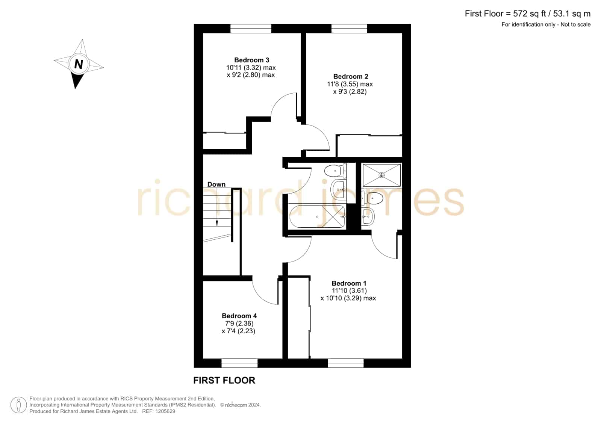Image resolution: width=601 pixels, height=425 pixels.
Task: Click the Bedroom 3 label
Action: (251, 60)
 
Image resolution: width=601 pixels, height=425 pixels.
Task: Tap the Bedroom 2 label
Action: (350, 76)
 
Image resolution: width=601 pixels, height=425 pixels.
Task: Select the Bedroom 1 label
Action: (349, 283)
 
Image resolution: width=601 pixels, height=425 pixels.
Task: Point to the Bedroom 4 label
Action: (239, 316)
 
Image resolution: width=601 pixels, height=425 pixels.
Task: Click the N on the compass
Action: (78, 64)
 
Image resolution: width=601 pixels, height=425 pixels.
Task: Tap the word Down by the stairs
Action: (216, 185)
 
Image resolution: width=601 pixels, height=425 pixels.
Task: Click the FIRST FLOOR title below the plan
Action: (224, 380)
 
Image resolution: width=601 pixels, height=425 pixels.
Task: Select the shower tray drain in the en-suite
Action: (381, 175)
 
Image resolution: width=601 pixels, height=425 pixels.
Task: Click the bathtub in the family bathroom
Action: (317, 217)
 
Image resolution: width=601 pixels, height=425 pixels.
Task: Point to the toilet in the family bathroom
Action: (335, 171)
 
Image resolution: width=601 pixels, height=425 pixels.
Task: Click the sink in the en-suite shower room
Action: (368, 216)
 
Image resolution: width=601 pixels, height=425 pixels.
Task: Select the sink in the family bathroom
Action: (338, 189)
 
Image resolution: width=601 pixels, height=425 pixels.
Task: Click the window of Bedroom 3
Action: (251, 29)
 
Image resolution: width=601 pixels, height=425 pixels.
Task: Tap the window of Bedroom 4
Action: (239, 363)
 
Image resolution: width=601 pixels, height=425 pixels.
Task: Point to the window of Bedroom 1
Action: (345, 363)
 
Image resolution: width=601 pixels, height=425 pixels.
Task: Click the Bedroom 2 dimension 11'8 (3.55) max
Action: (350, 84)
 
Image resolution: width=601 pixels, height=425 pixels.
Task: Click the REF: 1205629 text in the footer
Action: (159, 411)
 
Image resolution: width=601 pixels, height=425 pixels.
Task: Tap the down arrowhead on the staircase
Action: (217, 223)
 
